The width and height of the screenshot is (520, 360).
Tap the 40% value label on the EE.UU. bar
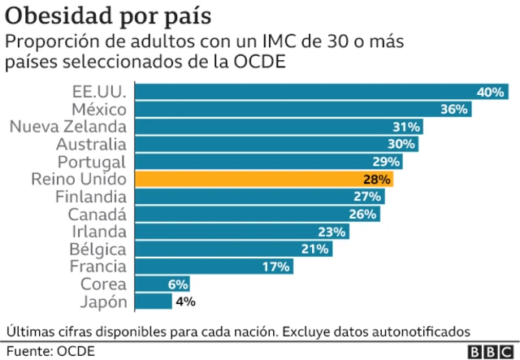(491, 92)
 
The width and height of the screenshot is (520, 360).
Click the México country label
(98, 109)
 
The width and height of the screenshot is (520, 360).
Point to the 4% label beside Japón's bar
(185, 302)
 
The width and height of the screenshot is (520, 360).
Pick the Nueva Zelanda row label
(67, 127)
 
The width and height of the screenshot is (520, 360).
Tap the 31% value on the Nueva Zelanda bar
(405, 127)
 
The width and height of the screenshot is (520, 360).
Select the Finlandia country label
(90, 197)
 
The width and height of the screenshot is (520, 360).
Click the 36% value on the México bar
(454, 109)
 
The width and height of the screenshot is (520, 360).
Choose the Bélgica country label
(98, 249)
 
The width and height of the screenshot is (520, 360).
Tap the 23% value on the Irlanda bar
(331, 232)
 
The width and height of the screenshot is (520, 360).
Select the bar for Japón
(152, 302)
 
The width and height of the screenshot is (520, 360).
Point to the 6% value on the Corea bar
(178, 284)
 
